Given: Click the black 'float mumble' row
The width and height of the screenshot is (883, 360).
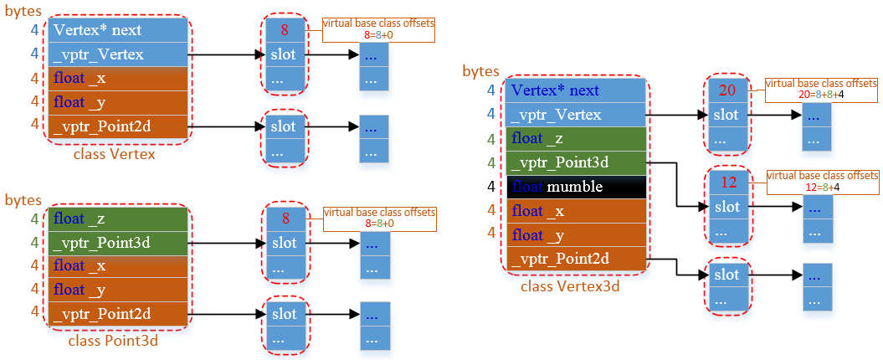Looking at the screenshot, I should (x=576, y=187).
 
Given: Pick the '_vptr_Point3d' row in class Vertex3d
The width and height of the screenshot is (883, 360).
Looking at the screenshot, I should (x=576, y=162).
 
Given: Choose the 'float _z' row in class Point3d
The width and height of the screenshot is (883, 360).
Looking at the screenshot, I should (x=118, y=219).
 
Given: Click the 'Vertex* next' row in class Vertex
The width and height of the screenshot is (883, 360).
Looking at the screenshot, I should (x=118, y=31).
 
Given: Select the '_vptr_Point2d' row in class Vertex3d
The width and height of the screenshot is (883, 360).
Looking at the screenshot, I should (x=576, y=258).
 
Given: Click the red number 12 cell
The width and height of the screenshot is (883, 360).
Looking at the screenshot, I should (x=726, y=182).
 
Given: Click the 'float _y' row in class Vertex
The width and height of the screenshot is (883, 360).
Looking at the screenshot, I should (x=118, y=102).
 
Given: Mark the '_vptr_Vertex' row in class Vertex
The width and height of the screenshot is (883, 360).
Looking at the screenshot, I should (x=118, y=55).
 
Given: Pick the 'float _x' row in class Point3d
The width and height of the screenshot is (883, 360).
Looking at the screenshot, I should (x=118, y=265).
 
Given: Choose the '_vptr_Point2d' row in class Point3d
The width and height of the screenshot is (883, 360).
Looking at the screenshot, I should (x=118, y=313).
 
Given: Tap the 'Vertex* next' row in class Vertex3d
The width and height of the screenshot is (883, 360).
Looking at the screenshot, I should (x=576, y=90).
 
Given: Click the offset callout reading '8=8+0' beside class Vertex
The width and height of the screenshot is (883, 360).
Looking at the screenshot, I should (x=379, y=29).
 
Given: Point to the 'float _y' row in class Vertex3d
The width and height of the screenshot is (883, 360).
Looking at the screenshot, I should (x=576, y=234).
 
